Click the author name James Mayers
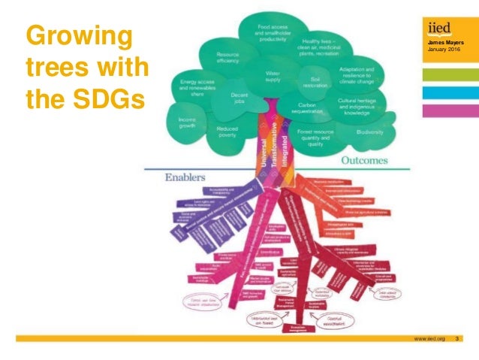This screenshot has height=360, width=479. tap(441, 44)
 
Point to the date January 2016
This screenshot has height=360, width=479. tap(441, 50)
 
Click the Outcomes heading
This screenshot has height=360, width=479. tap(364, 160)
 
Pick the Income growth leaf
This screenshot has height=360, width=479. tap(188, 124)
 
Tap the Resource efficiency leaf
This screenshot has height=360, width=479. tap(227, 59)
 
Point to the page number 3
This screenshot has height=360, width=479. tap(458, 340)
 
